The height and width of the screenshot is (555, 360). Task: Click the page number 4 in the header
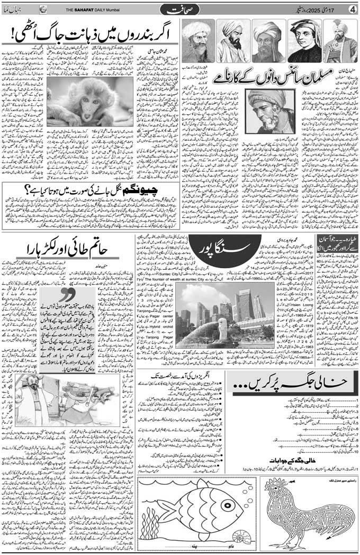pos(352,10)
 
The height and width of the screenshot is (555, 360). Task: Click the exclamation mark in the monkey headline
pos(10,37)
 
